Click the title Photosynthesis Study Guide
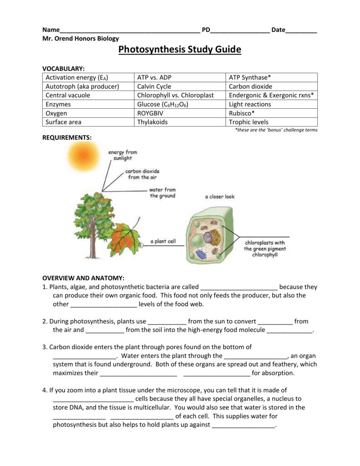click(x=180, y=50)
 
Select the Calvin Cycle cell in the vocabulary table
click(x=154, y=86)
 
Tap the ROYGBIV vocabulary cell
click(x=150, y=113)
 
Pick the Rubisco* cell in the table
click(x=242, y=113)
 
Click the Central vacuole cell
click(x=68, y=95)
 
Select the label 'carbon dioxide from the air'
click(x=142, y=174)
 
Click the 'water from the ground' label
click(x=162, y=192)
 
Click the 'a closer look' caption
click(x=220, y=197)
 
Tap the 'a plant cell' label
click(x=162, y=242)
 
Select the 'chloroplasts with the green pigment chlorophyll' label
click(x=265, y=248)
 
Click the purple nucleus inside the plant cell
click(x=211, y=237)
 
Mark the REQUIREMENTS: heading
click(x=67, y=137)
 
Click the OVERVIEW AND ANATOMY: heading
click(x=83, y=278)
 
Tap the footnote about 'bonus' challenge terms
click(x=276, y=130)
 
